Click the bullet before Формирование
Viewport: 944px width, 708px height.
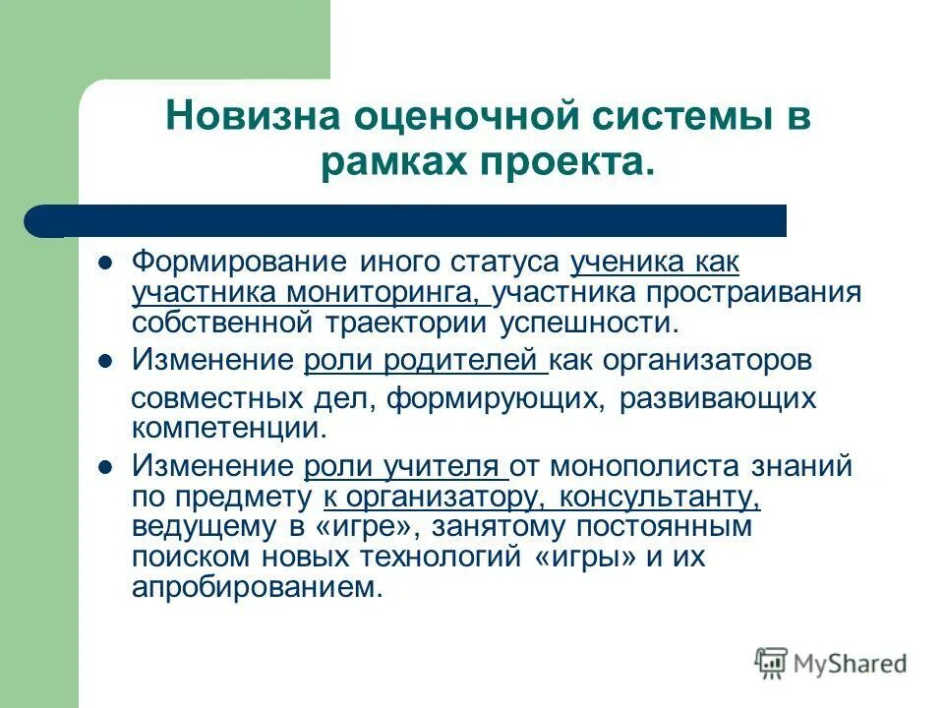tap(109, 264)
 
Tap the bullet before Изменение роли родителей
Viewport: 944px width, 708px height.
tap(109, 361)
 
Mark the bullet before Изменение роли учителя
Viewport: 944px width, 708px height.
tap(109, 466)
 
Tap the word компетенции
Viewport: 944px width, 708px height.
tap(226, 429)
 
